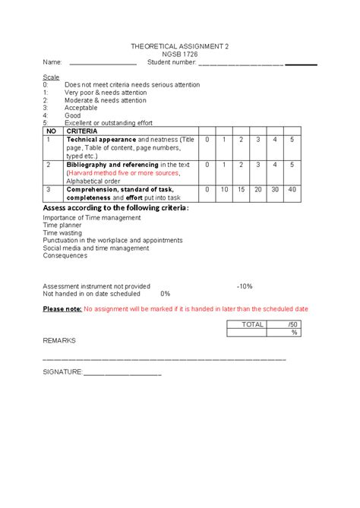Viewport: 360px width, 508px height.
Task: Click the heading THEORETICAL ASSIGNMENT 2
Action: tap(179, 46)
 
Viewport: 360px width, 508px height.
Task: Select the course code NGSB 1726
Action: tap(179, 54)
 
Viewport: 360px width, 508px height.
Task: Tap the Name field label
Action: tap(52, 62)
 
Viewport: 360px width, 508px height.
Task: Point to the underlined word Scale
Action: tap(51, 77)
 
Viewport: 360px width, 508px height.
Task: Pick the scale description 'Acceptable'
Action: tap(81, 108)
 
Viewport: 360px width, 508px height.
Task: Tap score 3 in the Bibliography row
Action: tap(257, 164)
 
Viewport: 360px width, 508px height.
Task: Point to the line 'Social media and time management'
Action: tap(96, 248)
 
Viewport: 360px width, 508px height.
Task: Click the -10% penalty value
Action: tap(244, 286)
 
